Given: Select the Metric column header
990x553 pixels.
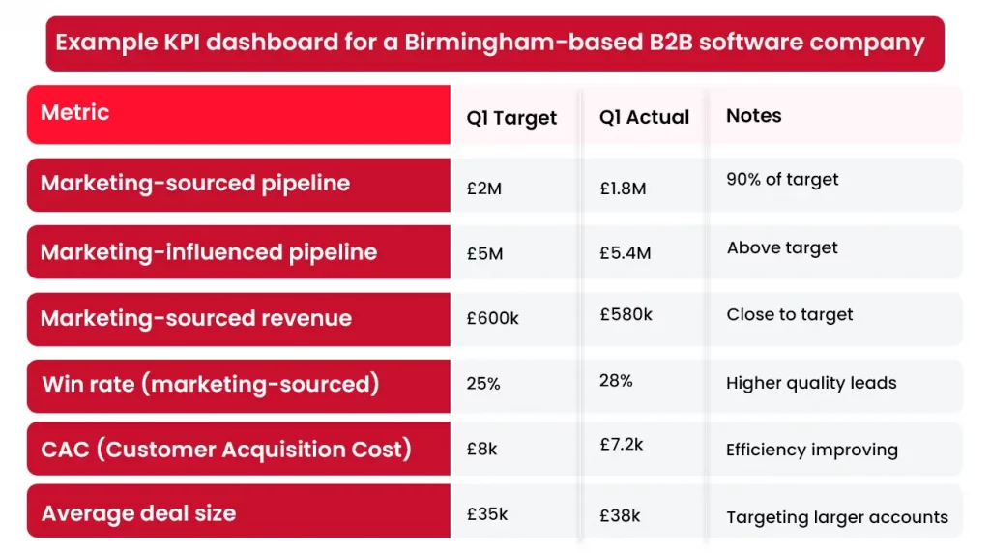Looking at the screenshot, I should (74, 113).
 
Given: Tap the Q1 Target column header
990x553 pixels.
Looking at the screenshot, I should (511, 118).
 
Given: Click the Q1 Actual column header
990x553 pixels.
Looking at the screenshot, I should (644, 117).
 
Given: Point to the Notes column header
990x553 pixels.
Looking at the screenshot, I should (753, 116).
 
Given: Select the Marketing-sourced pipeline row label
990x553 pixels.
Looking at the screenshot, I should (195, 184).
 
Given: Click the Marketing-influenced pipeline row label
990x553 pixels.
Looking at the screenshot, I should (209, 252).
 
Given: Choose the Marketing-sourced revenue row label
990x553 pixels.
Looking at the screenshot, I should (196, 319).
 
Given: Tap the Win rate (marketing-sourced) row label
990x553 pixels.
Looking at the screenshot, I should (211, 385).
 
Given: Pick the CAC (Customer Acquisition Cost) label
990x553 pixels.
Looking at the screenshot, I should (226, 450).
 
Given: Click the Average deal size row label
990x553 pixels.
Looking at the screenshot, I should (138, 513).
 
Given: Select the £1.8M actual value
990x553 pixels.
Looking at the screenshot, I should (623, 189).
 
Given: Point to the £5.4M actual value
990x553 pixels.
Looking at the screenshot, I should (625, 253).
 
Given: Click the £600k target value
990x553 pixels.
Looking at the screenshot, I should (492, 318).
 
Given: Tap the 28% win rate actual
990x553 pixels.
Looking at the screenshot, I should (616, 381).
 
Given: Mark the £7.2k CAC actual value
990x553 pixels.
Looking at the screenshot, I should (621, 445).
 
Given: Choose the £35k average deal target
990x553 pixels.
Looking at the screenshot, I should (486, 514).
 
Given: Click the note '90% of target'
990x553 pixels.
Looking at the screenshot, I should (782, 180).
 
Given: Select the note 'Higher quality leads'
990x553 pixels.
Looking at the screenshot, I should (811, 384).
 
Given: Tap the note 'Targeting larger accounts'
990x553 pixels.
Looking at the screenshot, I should (837, 517).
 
